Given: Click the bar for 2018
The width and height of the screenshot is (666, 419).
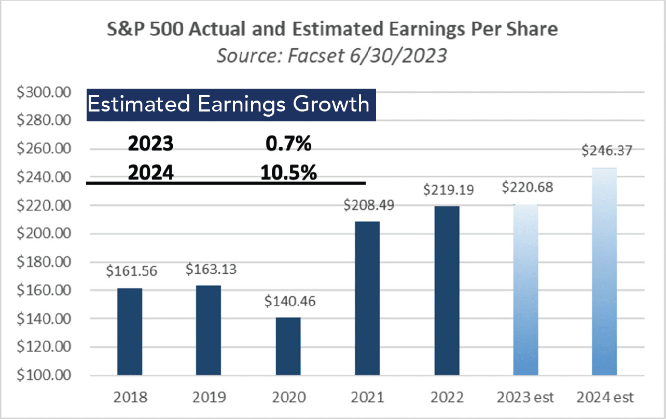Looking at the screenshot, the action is (x=130, y=331).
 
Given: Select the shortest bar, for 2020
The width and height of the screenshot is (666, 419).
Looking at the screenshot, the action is (x=288, y=346).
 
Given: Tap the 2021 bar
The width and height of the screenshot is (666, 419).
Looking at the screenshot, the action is (x=367, y=298).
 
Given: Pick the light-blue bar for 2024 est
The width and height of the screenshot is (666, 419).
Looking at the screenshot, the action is (x=604, y=271).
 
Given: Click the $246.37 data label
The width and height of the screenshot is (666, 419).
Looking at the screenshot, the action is (x=606, y=150).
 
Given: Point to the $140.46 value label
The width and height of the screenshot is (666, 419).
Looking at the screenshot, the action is (x=290, y=301).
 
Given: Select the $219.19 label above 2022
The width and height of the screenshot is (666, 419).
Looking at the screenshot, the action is (x=448, y=190).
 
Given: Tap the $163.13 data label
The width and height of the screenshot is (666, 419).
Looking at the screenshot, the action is (x=211, y=269).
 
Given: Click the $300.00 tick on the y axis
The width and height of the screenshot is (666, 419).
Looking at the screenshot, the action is (x=44, y=92).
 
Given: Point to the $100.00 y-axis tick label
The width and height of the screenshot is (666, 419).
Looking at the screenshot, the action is (x=44, y=375).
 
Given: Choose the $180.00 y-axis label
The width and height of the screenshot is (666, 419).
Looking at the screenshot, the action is (x=44, y=262).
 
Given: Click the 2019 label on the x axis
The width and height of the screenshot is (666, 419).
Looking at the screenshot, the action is (x=210, y=397).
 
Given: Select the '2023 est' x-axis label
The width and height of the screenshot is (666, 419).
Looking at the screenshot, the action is (x=525, y=397).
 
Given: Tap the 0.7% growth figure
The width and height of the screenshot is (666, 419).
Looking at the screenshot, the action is (x=288, y=144).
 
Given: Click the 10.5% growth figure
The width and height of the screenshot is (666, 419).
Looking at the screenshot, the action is (x=289, y=173).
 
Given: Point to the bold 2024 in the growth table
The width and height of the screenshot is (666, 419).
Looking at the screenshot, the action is (x=151, y=173).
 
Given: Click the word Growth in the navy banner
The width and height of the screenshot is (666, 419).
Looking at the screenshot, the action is (x=331, y=104).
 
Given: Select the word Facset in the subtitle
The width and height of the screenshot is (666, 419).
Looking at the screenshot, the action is (x=316, y=55).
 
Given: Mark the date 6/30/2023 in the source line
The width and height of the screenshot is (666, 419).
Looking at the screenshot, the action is (x=398, y=55).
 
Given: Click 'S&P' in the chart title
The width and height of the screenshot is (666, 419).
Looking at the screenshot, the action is (x=126, y=29).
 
